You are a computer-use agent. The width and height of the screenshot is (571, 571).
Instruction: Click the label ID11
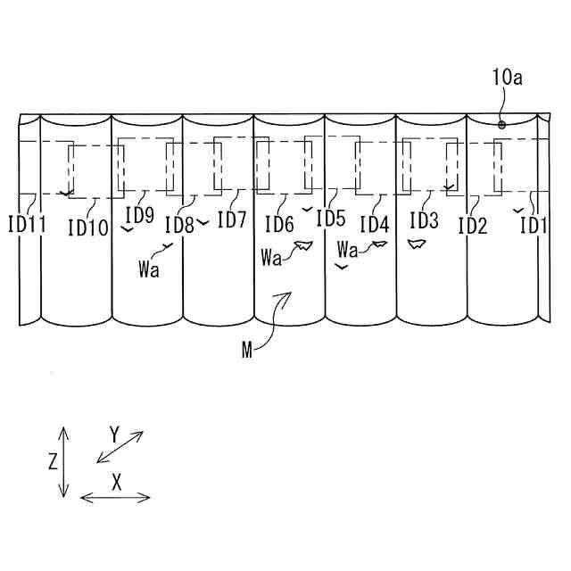26,226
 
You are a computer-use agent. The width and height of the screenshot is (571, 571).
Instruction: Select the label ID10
87,228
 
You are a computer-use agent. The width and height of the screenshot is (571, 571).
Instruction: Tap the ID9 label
139,215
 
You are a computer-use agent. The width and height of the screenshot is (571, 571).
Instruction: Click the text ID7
231,219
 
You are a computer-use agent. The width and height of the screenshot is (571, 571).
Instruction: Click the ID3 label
424,219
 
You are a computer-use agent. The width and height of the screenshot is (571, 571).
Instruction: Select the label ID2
473,226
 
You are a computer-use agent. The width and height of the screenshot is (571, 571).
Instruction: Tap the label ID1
533,226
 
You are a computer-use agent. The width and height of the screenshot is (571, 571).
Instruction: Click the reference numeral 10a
506,79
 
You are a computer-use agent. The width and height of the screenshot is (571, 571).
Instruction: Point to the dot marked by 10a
502,125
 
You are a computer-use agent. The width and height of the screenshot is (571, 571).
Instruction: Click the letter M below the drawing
247,349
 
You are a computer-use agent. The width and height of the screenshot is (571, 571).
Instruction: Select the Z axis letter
54,462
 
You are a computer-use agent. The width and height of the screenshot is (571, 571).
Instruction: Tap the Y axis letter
114,435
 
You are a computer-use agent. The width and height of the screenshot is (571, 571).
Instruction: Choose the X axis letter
117,482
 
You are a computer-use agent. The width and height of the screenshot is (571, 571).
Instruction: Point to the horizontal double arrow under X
116,497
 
